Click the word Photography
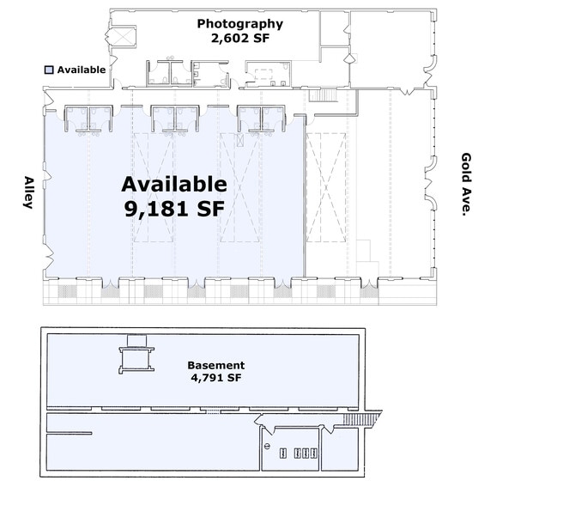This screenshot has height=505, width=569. click(x=239, y=24)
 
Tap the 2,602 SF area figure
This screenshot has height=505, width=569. click(x=240, y=38)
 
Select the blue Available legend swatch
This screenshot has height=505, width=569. click(x=49, y=70)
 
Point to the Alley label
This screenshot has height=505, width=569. click(x=28, y=192)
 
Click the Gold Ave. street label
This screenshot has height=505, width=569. click(x=466, y=185)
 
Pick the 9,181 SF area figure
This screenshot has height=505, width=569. click(x=174, y=209)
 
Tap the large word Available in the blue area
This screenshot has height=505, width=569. click(x=174, y=184)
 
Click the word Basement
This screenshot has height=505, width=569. click(x=216, y=365)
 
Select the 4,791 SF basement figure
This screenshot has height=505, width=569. click(x=216, y=378)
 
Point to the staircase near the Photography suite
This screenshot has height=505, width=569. click(x=324, y=95)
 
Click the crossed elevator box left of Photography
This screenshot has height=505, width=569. click(x=124, y=36)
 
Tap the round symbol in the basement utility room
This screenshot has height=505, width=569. click(x=268, y=447)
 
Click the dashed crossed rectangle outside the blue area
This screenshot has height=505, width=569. click(x=326, y=187)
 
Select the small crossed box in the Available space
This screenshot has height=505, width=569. click(x=239, y=140)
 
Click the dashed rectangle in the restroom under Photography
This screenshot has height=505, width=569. click(x=263, y=74)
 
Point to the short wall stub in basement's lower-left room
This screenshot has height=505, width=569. click(x=70, y=433)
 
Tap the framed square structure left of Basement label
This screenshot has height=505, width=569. click(x=136, y=359)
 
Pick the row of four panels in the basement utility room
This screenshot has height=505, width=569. click(x=299, y=453)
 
